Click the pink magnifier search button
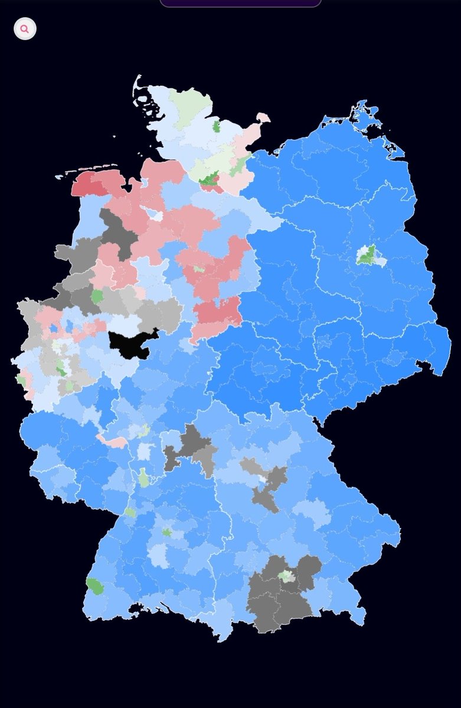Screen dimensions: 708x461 (x=25, y=28)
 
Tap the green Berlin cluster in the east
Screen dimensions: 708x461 (x=367, y=255)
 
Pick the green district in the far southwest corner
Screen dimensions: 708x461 (x=94, y=586)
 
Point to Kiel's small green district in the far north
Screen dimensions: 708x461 (x=217, y=126)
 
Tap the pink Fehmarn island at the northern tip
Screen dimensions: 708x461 (x=263, y=117)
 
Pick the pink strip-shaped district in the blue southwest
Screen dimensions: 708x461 (x=113, y=441)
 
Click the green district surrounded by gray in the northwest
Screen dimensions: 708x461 (x=97, y=296)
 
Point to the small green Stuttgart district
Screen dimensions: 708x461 (x=167, y=532)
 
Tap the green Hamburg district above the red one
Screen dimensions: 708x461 (x=209, y=177)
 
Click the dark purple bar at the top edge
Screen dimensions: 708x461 (x=240, y=3)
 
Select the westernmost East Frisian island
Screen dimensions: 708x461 (x=60, y=176)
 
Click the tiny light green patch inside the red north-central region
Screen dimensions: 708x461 (x=200, y=269)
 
